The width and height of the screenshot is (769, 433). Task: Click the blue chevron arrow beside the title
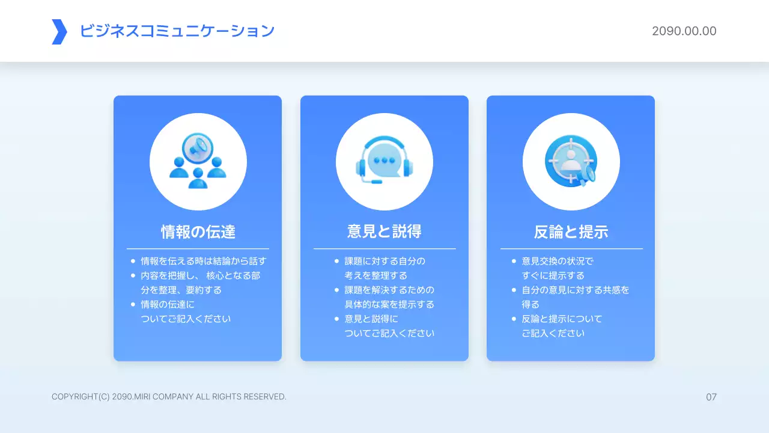(59, 32)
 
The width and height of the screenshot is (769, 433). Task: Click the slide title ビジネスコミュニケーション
(177, 31)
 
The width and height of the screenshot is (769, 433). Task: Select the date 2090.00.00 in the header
(684, 31)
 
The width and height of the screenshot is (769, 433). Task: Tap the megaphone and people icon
(198, 161)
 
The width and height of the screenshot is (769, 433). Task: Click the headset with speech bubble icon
(384, 161)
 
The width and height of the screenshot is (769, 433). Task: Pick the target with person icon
(571, 161)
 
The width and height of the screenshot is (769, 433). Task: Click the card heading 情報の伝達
(198, 232)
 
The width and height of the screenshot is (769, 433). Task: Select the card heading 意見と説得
(384, 232)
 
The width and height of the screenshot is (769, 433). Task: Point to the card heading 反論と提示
(571, 232)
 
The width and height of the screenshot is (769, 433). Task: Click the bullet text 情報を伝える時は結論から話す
(203, 262)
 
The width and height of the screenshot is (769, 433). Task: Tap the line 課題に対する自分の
(384, 262)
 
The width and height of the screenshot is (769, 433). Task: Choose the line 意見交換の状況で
(558, 262)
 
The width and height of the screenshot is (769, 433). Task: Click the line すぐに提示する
(553, 276)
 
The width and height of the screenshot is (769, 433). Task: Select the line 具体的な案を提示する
(389, 304)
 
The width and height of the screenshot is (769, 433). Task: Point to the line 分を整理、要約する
(181, 290)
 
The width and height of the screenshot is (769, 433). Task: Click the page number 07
(711, 397)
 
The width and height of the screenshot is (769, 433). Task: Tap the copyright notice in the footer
(169, 397)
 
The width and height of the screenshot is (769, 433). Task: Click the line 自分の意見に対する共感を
(576, 290)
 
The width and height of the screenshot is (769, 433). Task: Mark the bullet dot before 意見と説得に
(337, 319)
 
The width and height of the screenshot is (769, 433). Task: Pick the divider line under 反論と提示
(571, 248)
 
